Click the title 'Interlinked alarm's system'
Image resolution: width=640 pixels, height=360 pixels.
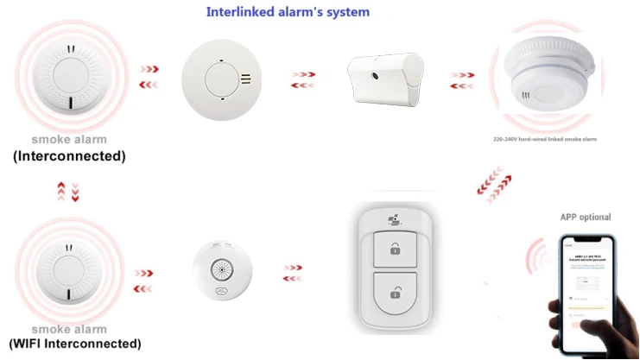(x=288, y=12)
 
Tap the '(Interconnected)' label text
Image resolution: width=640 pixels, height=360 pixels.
(x=68, y=156)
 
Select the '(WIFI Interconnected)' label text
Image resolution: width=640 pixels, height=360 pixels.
(x=77, y=343)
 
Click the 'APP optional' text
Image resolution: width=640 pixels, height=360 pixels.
(x=585, y=217)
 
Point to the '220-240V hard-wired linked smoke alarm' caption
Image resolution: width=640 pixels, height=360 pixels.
(x=544, y=138)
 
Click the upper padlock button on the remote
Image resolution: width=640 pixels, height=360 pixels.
(x=394, y=249)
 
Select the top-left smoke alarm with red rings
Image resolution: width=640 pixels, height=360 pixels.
(x=67, y=77)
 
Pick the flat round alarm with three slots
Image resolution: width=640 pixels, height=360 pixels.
(x=221, y=78)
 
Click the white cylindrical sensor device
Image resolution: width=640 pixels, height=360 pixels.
(x=384, y=77)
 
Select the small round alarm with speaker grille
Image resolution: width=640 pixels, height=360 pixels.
(x=222, y=270)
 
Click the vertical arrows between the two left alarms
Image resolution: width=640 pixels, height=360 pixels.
(x=68, y=192)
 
